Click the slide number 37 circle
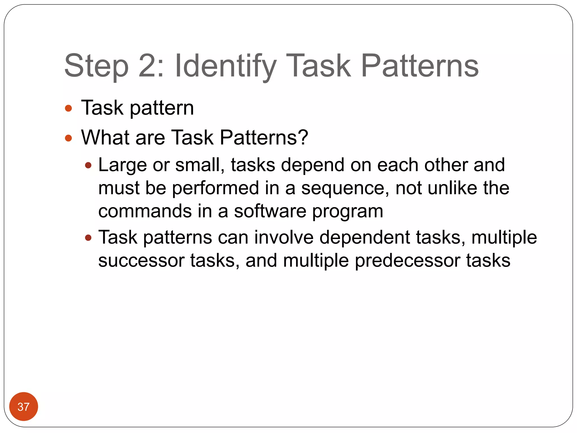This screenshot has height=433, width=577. (23, 406)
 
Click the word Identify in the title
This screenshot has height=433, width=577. (225, 66)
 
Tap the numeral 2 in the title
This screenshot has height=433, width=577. (147, 66)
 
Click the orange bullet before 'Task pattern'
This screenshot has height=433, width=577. (68, 109)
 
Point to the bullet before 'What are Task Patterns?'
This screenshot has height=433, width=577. (68, 138)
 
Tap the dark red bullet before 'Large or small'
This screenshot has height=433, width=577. (88, 165)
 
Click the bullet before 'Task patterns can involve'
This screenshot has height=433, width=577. (88, 238)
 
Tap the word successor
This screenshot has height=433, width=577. (141, 261)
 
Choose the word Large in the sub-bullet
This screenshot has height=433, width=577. (122, 165)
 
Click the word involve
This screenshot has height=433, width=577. (284, 237)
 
